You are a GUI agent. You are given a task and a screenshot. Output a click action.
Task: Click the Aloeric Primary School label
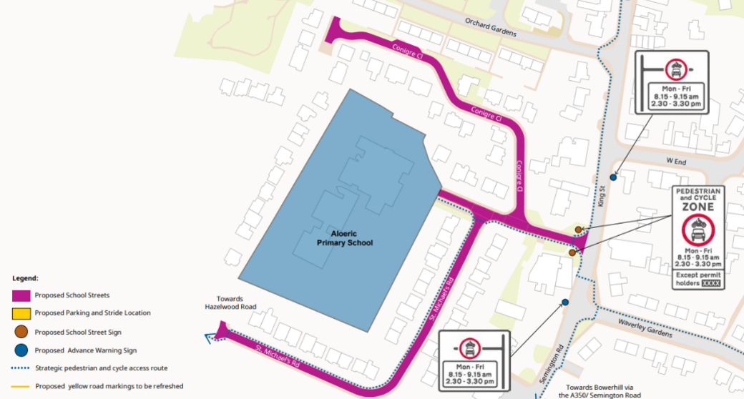344,238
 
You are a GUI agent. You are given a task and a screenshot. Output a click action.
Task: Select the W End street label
675,162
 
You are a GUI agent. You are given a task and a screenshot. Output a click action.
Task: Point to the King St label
602,197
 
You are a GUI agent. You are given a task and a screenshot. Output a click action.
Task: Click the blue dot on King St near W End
613,177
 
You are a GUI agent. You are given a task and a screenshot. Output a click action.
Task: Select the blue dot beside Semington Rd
565,302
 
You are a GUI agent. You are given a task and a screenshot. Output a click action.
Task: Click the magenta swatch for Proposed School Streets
21,295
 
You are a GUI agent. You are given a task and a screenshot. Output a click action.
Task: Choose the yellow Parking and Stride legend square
21,312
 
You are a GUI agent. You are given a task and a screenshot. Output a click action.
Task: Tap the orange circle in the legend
21,331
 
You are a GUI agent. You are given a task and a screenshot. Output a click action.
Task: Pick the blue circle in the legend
21,350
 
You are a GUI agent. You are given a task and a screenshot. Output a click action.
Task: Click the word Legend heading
25,277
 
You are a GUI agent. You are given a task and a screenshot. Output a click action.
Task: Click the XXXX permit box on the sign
712,284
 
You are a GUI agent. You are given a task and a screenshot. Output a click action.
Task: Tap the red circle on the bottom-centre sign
469,348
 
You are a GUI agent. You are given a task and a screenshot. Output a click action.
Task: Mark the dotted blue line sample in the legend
21,368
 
